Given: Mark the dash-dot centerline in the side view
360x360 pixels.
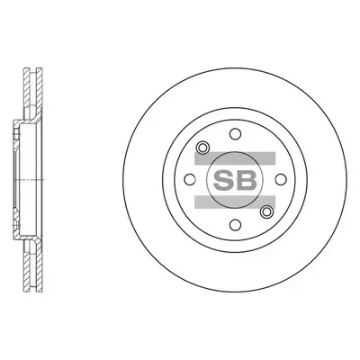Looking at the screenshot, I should (27, 180).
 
